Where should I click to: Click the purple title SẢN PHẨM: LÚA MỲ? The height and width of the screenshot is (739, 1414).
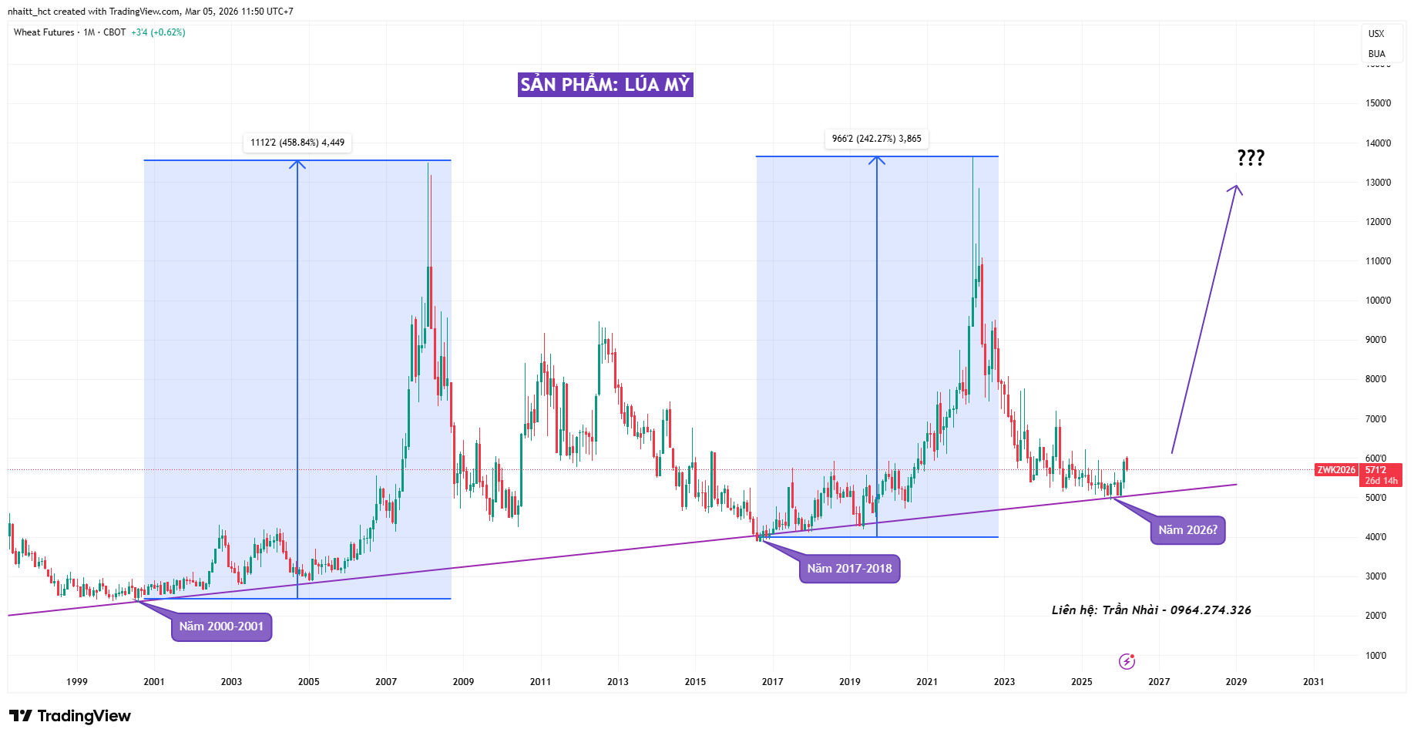(x=605, y=85)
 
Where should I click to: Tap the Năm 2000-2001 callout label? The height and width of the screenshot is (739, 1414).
(x=221, y=626)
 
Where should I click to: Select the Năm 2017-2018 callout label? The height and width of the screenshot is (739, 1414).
(x=849, y=569)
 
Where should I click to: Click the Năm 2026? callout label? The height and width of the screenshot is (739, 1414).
(x=1187, y=530)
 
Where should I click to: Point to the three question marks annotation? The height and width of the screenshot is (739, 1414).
(x=1251, y=158)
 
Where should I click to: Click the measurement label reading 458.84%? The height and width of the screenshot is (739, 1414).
(x=297, y=143)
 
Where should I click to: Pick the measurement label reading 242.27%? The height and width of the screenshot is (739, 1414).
(x=876, y=139)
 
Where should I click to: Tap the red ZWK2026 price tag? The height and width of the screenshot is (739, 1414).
(x=1336, y=470)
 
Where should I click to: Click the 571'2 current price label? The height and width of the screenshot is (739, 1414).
(x=1376, y=470)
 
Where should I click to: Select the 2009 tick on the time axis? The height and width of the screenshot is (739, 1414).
(x=463, y=682)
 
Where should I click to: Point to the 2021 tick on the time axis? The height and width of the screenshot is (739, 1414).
(x=927, y=682)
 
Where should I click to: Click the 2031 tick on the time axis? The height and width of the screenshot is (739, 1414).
(x=1313, y=682)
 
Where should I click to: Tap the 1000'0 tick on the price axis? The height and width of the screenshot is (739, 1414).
(x=1378, y=301)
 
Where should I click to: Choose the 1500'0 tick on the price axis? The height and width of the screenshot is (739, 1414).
(x=1378, y=103)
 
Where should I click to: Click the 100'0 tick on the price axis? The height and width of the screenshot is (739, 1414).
(x=1376, y=656)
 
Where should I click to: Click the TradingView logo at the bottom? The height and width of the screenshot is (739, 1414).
(x=70, y=716)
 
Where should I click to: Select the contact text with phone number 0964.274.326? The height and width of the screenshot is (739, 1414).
(x=1151, y=610)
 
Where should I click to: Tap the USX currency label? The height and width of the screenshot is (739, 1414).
(x=1376, y=34)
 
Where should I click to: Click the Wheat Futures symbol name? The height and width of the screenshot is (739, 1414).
(x=44, y=32)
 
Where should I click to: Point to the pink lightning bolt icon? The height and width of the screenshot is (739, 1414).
(x=1127, y=661)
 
